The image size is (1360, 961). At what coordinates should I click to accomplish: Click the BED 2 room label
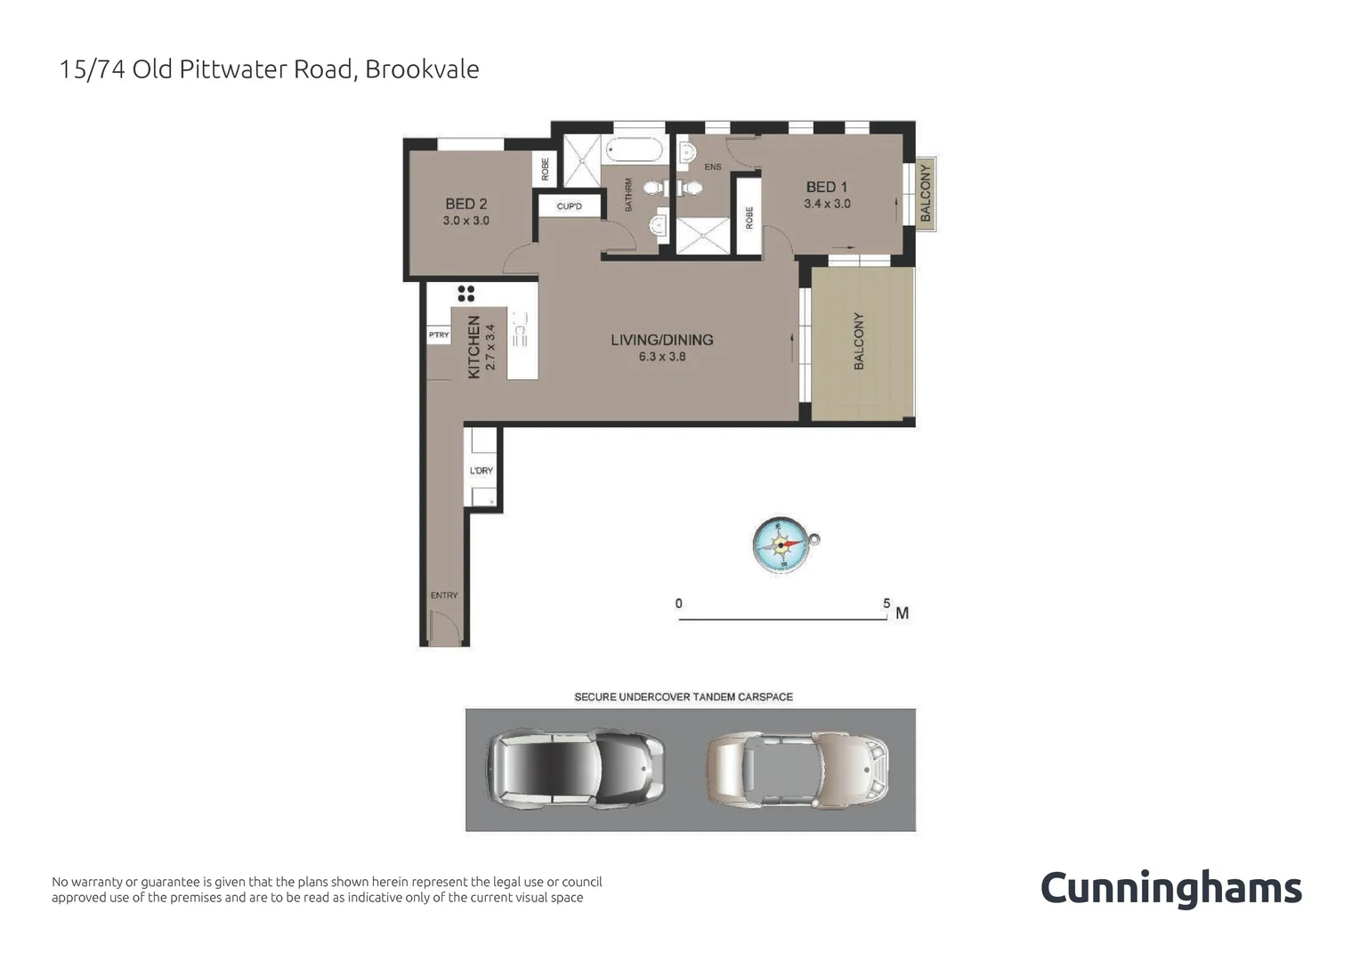pos(465,204)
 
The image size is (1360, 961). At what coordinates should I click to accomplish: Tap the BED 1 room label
pos(826,187)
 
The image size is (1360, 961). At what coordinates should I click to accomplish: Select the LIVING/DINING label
pos(661,340)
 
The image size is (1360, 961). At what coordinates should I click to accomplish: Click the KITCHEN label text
pos(474,347)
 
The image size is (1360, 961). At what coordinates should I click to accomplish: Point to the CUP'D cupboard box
pos(569,206)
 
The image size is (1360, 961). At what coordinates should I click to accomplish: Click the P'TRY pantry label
pos(439,335)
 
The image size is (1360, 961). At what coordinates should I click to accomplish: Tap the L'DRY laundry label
pos(482,471)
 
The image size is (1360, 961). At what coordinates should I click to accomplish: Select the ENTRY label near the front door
pos(443,595)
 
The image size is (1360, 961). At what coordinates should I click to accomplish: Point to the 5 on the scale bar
pos(886,603)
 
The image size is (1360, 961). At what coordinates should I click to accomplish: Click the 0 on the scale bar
pos(679,603)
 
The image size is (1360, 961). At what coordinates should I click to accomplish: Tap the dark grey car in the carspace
pos(574,769)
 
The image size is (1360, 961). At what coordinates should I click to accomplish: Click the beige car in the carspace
pos(797,769)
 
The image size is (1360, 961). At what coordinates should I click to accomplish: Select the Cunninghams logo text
pos(1170,889)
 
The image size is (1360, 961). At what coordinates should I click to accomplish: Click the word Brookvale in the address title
pos(422,69)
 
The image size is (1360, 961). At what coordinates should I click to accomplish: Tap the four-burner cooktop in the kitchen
pos(465,293)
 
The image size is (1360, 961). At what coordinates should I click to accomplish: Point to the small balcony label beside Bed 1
pos(926,193)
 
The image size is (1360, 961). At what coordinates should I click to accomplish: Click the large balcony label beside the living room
pos(859,341)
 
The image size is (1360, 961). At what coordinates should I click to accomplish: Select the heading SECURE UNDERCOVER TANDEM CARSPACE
pos(683,697)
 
